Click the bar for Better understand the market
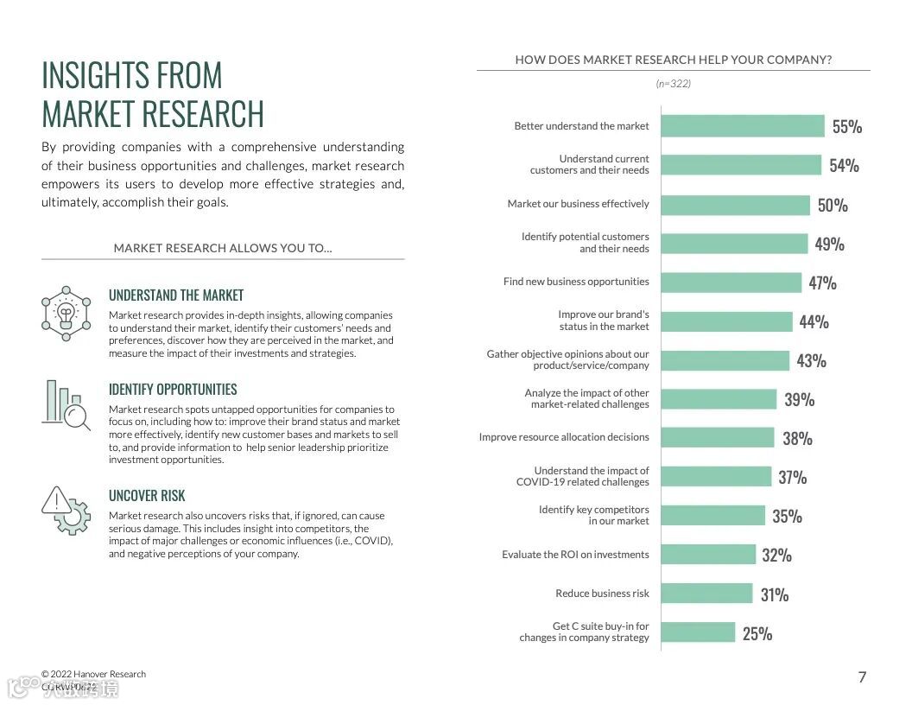[x=743, y=126]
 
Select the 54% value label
[x=844, y=166]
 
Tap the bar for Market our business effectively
[x=736, y=205]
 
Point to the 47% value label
[x=822, y=283]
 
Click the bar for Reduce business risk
[x=707, y=594]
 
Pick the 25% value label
[x=757, y=634]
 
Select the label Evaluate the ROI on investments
[x=575, y=555]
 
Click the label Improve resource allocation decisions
[x=564, y=437]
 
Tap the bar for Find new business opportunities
[x=731, y=283]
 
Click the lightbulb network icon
[x=66, y=313]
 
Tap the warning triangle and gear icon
[x=66, y=510]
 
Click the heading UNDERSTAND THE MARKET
[x=176, y=295]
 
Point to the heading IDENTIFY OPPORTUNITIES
[x=173, y=390]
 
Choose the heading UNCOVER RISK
[x=147, y=496]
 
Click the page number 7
[x=862, y=677]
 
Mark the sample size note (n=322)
[x=674, y=84]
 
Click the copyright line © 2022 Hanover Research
[x=93, y=674]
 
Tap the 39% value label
[x=799, y=400]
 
